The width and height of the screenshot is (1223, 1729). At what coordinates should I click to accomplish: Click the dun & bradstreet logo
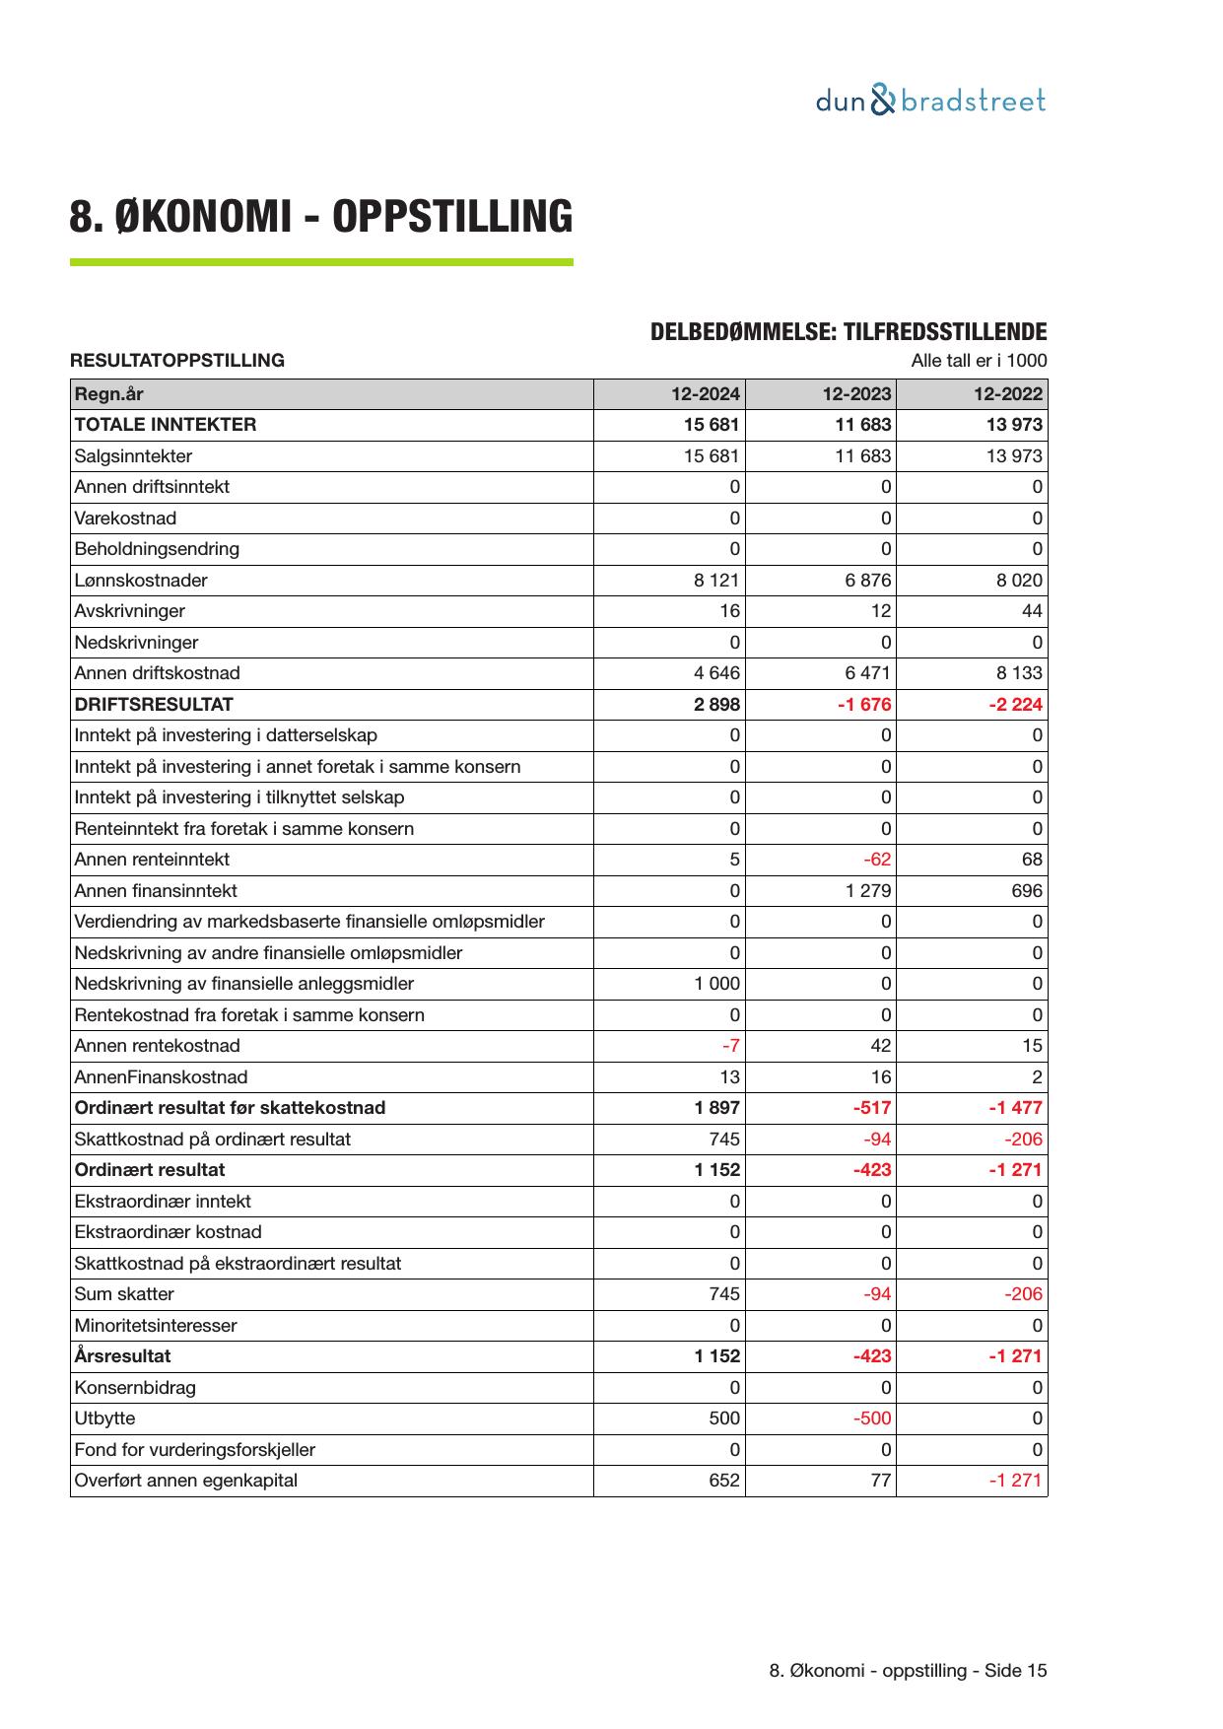[930, 101]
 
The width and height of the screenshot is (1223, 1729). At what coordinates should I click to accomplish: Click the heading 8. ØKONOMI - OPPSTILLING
[320, 217]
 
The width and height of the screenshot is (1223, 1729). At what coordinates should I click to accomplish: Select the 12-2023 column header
[856, 394]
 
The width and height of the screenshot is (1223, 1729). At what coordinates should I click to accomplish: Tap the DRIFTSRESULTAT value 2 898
[716, 705]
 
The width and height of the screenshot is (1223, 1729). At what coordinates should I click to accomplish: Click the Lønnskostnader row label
[141, 581]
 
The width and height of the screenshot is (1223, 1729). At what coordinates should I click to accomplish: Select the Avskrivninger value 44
[1031, 611]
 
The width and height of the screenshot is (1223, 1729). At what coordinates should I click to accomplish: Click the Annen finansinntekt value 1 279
[867, 891]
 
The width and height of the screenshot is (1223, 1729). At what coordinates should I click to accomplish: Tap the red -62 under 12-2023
[876, 860]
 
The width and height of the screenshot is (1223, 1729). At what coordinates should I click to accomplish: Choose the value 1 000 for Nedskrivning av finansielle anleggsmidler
[716, 984]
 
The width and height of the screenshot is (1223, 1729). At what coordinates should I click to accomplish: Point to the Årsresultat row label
[122, 1356]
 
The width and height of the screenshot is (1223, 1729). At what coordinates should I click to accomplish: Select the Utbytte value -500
[872, 1418]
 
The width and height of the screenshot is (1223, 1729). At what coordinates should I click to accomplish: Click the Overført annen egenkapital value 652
[724, 1481]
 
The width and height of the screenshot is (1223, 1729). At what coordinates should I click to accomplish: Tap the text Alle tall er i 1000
[979, 361]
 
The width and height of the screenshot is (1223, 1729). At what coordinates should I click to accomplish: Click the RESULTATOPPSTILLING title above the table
[177, 361]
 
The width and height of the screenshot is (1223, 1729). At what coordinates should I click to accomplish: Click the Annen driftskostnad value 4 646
[716, 673]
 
